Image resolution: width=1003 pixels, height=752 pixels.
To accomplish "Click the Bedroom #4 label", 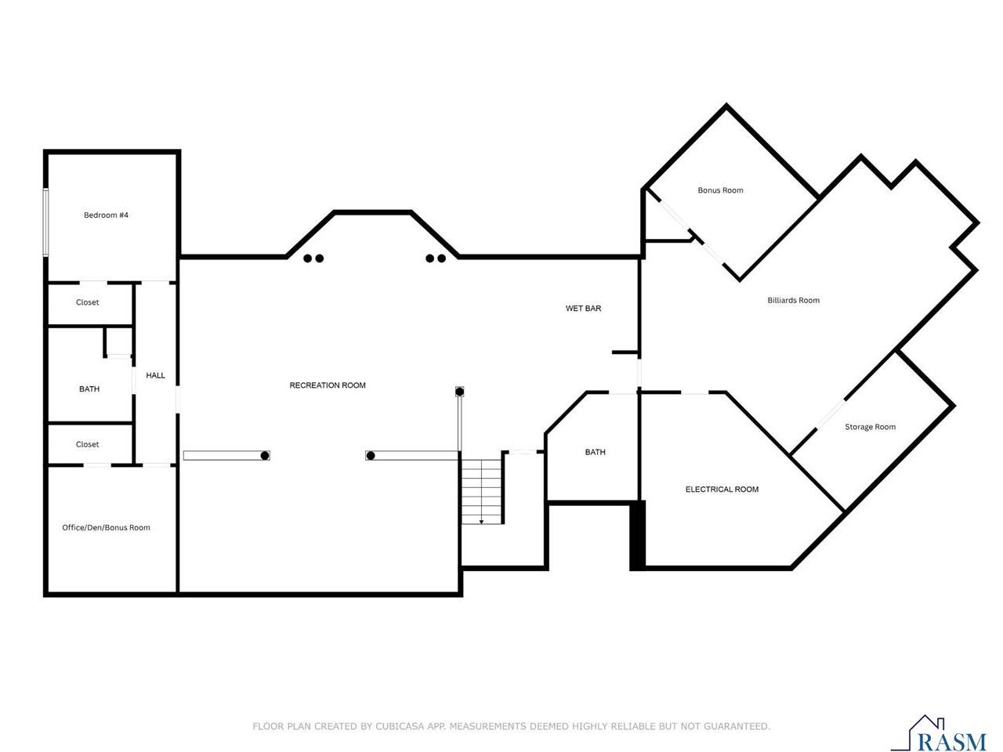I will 106,215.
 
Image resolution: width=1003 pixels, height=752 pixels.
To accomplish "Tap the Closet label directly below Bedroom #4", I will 87,302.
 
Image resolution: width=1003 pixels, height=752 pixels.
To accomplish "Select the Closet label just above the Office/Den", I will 87,444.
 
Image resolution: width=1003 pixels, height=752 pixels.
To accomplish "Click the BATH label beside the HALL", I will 89,389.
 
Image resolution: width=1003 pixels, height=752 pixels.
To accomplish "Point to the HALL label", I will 155,375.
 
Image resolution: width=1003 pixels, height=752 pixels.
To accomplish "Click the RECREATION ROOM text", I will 328,385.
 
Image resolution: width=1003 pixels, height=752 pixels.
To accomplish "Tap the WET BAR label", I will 583,309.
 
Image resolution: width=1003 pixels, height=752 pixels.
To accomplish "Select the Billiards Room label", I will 793,300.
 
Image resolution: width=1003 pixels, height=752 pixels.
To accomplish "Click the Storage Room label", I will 870,427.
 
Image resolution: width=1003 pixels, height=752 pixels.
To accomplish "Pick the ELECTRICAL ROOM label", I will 722,490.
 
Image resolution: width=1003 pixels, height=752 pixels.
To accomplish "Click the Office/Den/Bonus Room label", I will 106,528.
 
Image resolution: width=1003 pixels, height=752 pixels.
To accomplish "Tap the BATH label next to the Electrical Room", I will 595,452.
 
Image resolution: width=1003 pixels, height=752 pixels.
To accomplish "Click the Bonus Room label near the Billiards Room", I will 720,190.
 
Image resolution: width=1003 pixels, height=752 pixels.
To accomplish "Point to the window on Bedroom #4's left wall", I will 45,222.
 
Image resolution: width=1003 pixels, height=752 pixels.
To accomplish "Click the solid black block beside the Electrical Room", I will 637,535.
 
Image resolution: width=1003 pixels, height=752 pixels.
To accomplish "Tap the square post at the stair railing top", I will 460,391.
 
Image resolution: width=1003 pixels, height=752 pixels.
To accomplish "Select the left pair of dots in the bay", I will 313,258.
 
